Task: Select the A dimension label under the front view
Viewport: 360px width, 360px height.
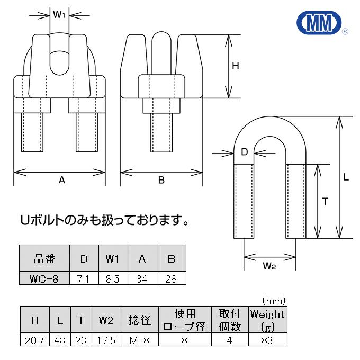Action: [x=61, y=181]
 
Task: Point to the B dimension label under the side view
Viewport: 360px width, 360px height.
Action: [x=161, y=181]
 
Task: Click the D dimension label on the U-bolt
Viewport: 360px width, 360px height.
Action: [x=244, y=152]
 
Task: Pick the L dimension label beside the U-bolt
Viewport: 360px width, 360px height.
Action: [x=346, y=178]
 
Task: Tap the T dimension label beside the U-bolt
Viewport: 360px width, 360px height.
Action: [x=325, y=201]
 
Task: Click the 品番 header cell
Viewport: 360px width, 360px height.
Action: [x=44, y=259]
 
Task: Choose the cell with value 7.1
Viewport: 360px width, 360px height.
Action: [x=84, y=278]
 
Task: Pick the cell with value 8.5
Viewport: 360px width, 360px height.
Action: [x=112, y=278]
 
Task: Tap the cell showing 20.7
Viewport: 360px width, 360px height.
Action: [x=34, y=340]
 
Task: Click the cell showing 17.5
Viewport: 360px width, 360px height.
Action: [x=106, y=340]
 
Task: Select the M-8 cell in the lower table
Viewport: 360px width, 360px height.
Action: [x=140, y=340]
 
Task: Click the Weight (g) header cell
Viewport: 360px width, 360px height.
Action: [x=267, y=320]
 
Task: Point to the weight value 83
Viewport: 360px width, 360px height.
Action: [x=267, y=340]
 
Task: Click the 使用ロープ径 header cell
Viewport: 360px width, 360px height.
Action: [x=185, y=320]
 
